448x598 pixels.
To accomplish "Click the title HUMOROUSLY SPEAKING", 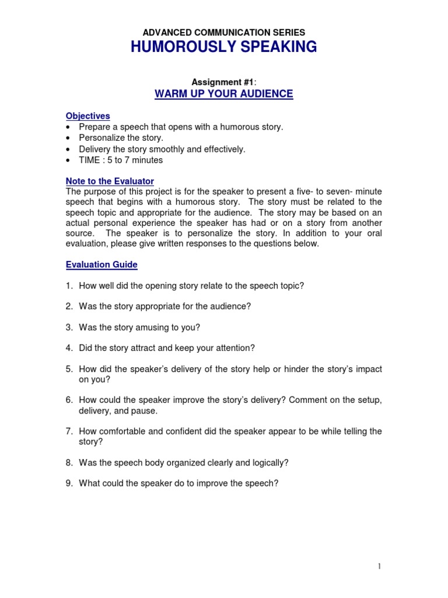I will tap(224, 47).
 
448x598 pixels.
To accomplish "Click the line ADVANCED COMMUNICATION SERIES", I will tap(224, 33).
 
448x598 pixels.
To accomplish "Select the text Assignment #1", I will tap(222, 82).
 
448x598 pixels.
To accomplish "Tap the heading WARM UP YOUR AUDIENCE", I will tap(224, 94).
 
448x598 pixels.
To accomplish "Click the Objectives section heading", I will tap(87, 116).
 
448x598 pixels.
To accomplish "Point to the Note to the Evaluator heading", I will tap(110, 182).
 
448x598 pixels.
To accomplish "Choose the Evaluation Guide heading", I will tap(101, 265).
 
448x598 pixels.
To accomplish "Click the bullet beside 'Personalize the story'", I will tap(69, 138).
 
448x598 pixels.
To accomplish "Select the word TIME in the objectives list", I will tap(90, 160).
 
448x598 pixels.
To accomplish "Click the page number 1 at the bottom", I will tap(379, 566).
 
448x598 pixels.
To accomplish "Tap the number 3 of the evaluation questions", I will tap(68, 328).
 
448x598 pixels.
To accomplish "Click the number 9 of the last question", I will tap(68, 484).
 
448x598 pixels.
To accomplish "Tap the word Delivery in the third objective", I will tap(94, 149).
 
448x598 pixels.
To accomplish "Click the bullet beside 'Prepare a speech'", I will tap(69, 127).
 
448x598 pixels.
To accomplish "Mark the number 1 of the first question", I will tap(68, 286).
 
